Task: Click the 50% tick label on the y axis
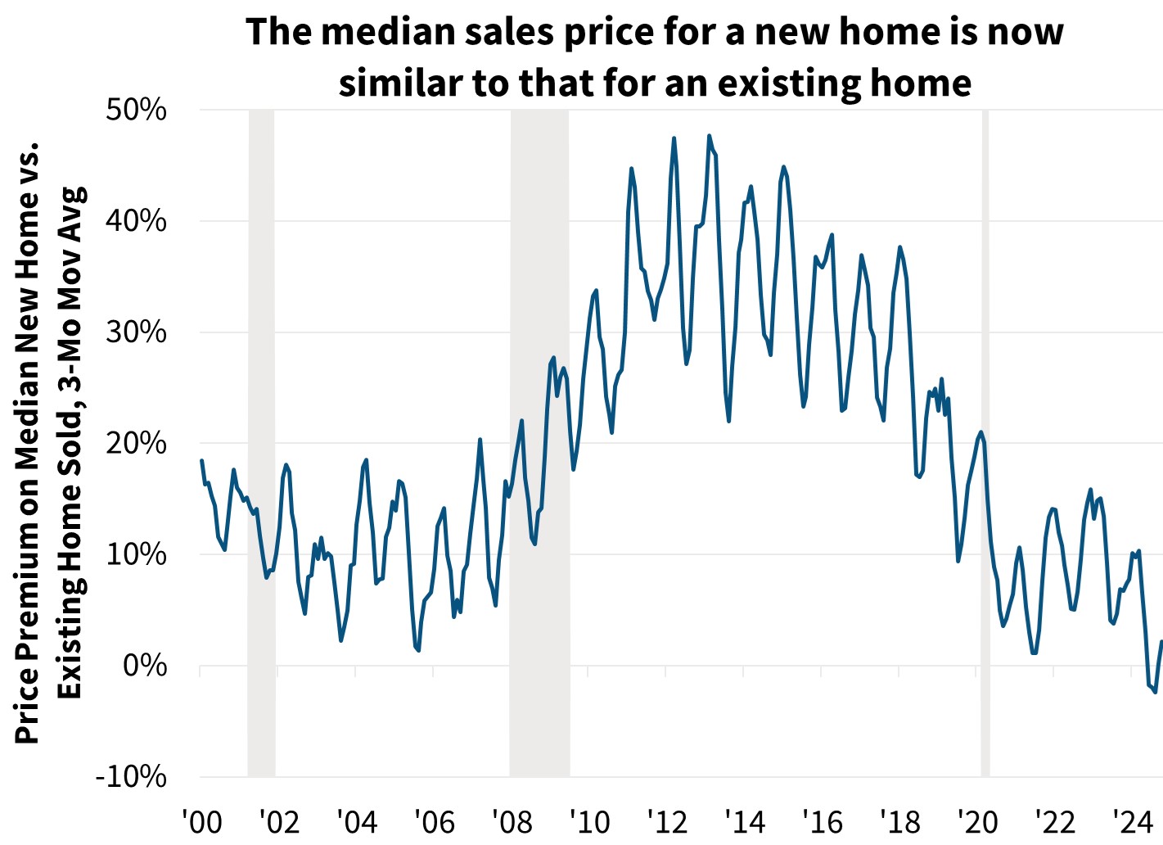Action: [x=137, y=110]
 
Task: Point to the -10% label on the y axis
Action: [x=132, y=776]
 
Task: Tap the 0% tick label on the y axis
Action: [x=146, y=666]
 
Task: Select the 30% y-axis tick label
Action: [x=137, y=332]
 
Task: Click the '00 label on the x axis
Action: [x=202, y=821]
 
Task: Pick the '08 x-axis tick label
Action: [x=512, y=821]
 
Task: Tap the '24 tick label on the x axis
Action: [x=1132, y=821]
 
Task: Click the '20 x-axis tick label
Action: [x=977, y=821]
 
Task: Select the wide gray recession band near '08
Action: [x=539, y=442]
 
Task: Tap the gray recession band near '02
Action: [x=261, y=442]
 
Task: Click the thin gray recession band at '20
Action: [x=985, y=442]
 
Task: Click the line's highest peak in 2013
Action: [x=709, y=135]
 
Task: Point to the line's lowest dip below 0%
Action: [x=1156, y=693]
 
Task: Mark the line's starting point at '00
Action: [x=201, y=461]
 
